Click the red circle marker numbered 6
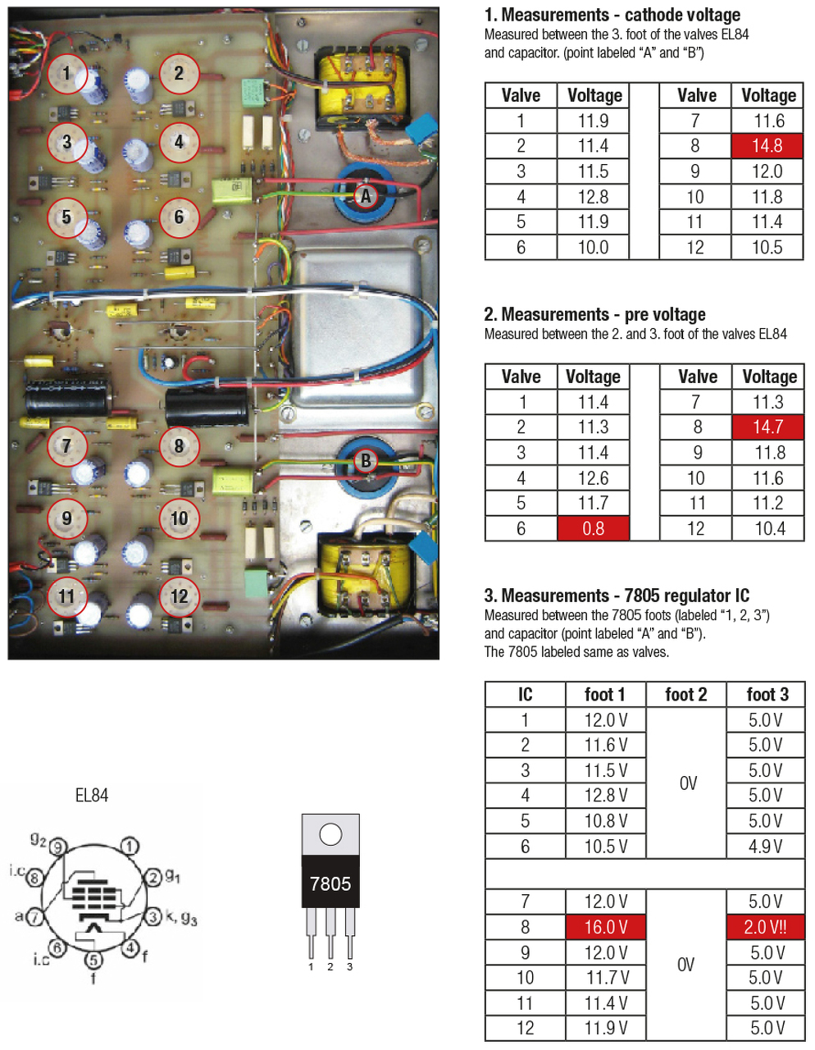pyautogui.click(x=179, y=217)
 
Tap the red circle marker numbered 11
pyautogui.click(x=67, y=596)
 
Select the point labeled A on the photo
pyautogui.click(x=366, y=196)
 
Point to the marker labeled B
pyautogui.click(x=366, y=461)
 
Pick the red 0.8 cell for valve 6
pyautogui.click(x=593, y=528)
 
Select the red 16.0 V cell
pyautogui.click(x=605, y=927)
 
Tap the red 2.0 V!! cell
pyautogui.click(x=766, y=927)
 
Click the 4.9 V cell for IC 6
pyautogui.click(x=766, y=846)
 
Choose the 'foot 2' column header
pyautogui.click(x=686, y=695)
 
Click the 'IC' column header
pyautogui.click(x=525, y=695)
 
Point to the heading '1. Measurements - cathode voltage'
pyautogui.click(x=612, y=15)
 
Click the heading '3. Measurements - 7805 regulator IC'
pyautogui.click(x=617, y=596)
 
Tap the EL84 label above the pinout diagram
pyautogui.click(x=91, y=795)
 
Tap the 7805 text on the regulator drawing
pyautogui.click(x=330, y=883)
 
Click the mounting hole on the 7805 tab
pyautogui.click(x=330, y=835)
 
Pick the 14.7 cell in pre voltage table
pyautogui.click(x=768, y=427)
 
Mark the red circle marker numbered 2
pyautogui.click(x=179, y=73)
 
